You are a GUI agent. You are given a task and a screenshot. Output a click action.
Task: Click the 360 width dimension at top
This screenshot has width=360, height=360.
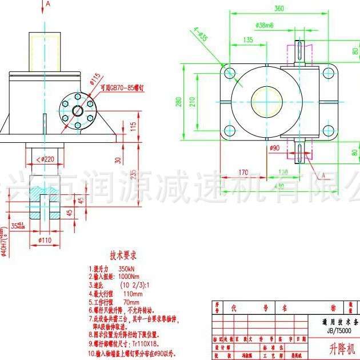click(278, 9)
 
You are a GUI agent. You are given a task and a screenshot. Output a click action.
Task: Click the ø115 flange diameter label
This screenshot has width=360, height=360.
click(95, 78)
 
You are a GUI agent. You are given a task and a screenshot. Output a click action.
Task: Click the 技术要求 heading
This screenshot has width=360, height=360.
click(123, 255)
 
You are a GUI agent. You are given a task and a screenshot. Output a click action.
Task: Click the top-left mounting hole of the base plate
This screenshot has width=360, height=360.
click(230, 73)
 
